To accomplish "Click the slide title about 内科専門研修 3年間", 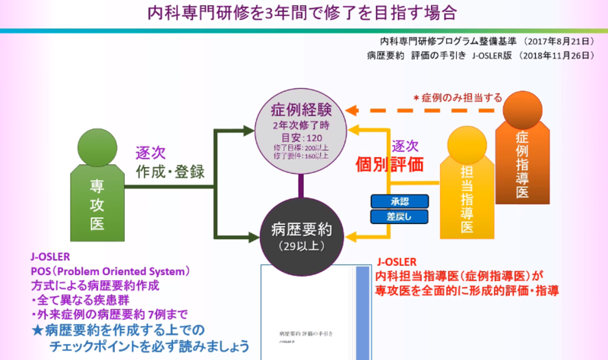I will coord(304,14).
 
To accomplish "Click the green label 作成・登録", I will coord(171,172).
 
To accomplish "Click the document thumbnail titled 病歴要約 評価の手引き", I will coord(314,311).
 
